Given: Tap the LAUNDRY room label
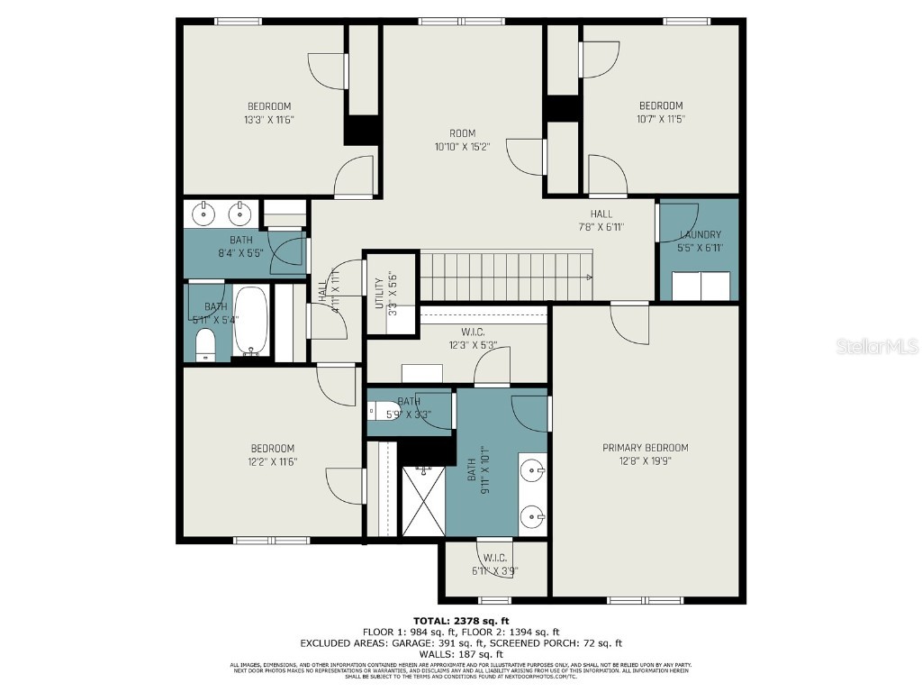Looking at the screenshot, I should [x=700, y=234].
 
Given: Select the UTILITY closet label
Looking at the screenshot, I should [x=379, y=293].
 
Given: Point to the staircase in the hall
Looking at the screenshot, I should [x=507, y=276].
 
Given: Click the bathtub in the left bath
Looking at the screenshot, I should [x=250, y=322].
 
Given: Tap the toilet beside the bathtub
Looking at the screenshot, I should [x=205, y=343].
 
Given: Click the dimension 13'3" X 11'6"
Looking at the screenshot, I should [x=269, y=119].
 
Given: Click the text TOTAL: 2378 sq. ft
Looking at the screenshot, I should [x=461, y=621].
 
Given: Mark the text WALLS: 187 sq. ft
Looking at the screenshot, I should [x=461, y=655].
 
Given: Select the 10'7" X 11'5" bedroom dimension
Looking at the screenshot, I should [x=661, y=118].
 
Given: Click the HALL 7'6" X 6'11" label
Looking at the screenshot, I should [x=601, y=220].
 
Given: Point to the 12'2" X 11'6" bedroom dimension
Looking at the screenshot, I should [x=272, y=461].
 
